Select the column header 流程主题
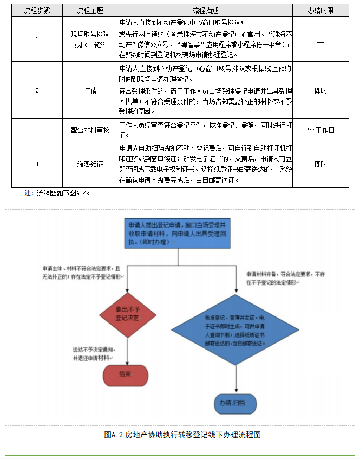tap(90, 11)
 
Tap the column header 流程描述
tap(206, 11)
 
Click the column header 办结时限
tap(320, 11)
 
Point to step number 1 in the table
tap(37, 39)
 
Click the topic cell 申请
tap(90, 90)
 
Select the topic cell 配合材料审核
tap(90, 130)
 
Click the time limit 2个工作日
tap(320, 130)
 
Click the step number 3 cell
tap(37, 130)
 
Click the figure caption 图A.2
tap(182, 435)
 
